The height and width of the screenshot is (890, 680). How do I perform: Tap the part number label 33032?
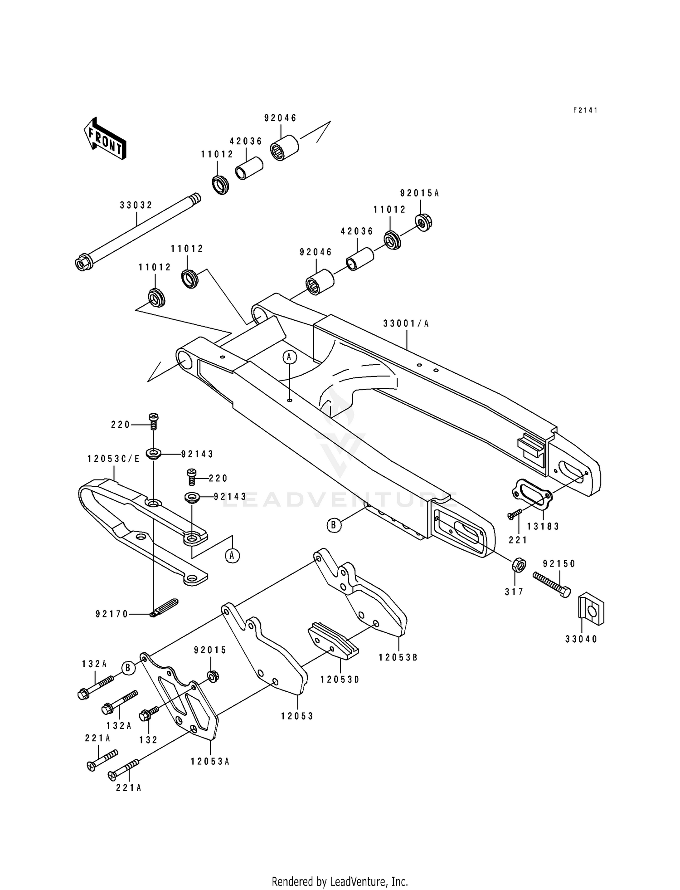tap(136, 205)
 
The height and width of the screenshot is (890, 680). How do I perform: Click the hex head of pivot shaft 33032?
tap(82, 263)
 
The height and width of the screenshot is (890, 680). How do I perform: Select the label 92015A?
tap(419, 193)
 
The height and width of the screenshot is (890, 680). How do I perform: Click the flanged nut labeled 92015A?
tap(424, 222)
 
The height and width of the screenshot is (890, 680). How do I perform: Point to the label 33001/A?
tap(406, 323)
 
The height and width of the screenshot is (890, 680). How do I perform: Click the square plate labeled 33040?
tap(592, 609)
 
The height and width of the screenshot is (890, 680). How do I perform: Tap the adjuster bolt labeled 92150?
tap(551, 584)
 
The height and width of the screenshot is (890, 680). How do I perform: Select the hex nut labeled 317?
tap(519, 565)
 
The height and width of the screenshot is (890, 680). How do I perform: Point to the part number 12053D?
tap(340, 679)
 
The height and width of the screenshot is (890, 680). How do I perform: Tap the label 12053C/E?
tap(114, 459)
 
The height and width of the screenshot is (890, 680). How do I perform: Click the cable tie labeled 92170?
tap(164, 607)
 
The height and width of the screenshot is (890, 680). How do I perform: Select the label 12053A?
tap(210, 762)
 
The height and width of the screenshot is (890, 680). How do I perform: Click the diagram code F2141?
tap(585, 110)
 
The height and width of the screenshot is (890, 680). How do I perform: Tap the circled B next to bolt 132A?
tap(128, 668)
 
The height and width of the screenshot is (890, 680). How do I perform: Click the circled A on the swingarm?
tap(290, 357)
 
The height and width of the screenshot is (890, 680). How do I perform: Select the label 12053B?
tap(398, 657)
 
